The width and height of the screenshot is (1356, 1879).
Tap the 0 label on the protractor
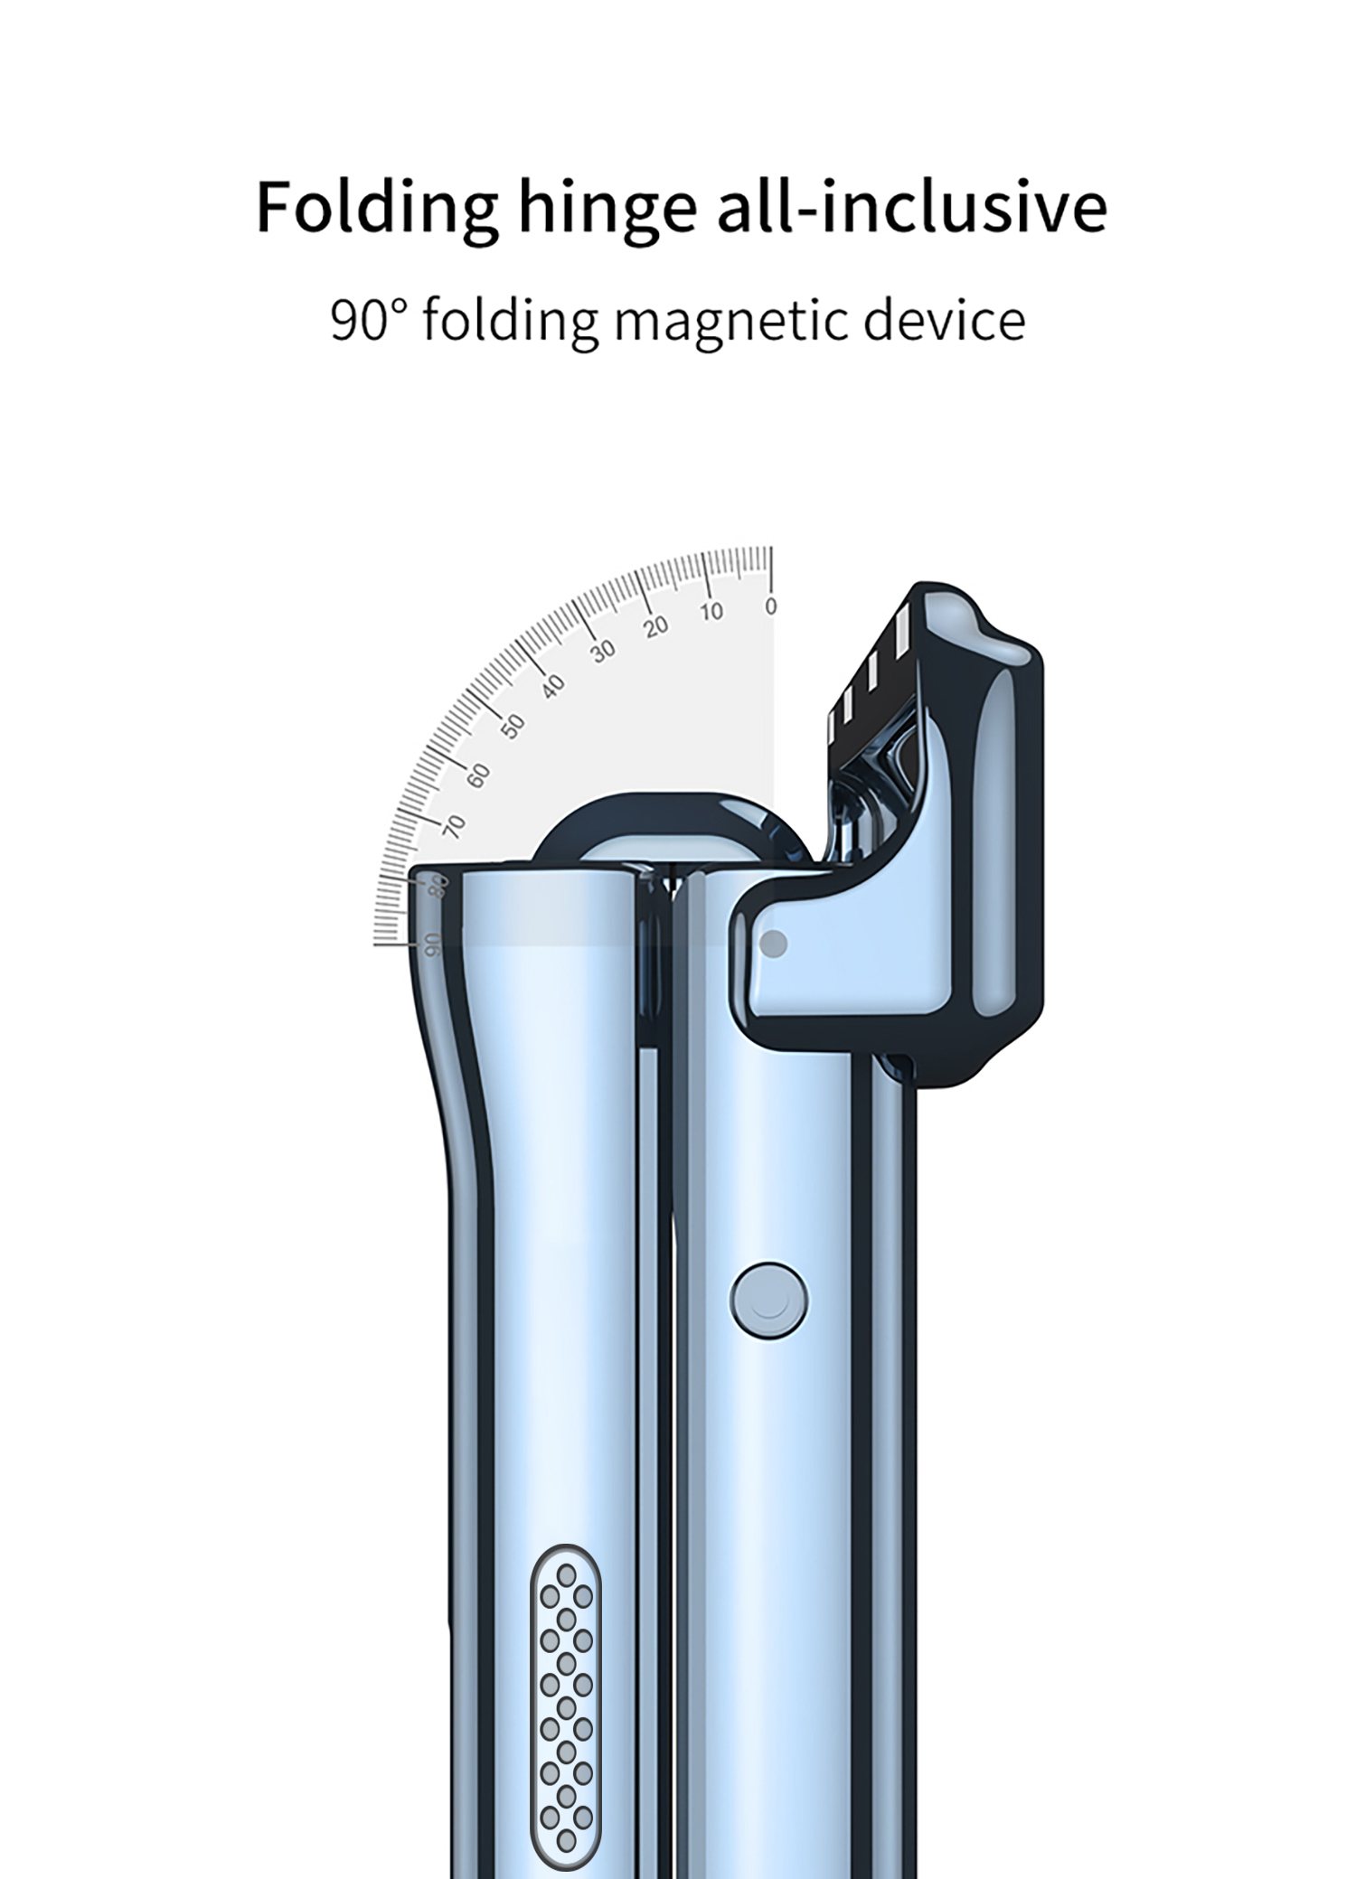770,606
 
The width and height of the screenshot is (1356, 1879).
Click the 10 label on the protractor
711,612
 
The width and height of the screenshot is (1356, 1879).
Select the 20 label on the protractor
656,626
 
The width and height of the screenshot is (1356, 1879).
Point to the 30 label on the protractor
603,650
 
